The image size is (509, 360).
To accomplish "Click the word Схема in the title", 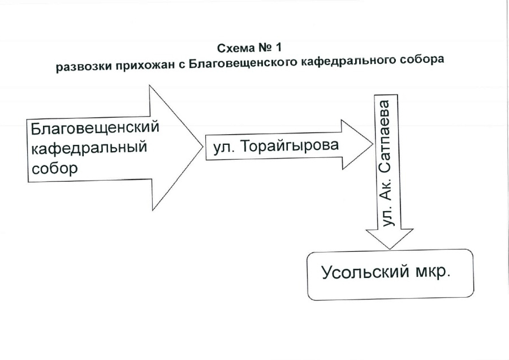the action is pyautogui.click(x=236, y=49).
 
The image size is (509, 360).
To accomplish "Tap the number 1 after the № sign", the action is pyautogui.click(x=278, y=48).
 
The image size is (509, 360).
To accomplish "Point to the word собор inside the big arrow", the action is pyautogui.click(x=54, y=168).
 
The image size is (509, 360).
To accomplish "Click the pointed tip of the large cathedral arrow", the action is pyautogui.click(x=202, y=146).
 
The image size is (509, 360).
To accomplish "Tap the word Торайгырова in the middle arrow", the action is pyautogui.click(x=290, y=146).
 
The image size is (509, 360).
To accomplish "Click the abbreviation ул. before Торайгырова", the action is pyautogui.click(x=224, y=148).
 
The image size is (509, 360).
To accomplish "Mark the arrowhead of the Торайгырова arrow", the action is pyautogui.click(x=357, y=144).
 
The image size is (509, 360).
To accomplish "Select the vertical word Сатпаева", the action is pyautogui.click(x=385, y=137).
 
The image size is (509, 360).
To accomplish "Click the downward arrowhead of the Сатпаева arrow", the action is pyautogui.click(x=390, y=239).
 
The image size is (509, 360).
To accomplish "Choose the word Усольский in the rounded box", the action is pyautogui.click(x=365, y=272).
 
